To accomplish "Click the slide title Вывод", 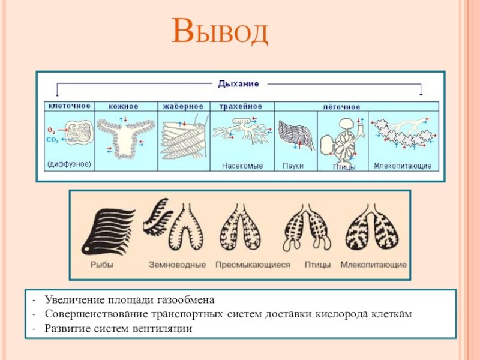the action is [220, 31].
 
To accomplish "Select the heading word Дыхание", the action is [238, 83].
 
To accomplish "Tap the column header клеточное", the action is [70, 106].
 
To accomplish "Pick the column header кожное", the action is [124, 106].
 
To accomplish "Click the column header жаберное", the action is [183, 106].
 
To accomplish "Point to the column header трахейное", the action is [241, 106].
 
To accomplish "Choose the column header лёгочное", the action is [341, 107].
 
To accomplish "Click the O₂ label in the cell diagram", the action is [52, 130].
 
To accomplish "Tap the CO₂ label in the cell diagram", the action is [52, 140].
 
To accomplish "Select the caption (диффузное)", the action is [69, 164].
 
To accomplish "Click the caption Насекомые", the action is [242, 166].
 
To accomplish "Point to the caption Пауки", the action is [293, 166].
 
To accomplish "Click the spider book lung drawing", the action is [296, 135].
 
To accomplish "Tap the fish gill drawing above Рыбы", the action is [107, 232].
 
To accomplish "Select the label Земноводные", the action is [177, 265].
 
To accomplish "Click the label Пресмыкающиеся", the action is [253, 265].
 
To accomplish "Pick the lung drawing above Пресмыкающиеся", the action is [241, 227].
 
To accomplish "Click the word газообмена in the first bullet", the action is [186, 299].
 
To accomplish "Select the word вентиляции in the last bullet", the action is [163, 328].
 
